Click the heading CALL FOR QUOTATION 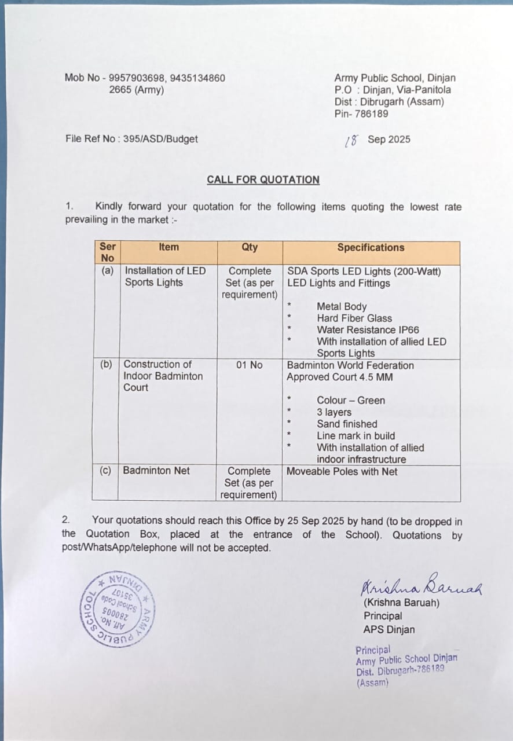click(x=263, y=179)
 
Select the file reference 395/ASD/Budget click(x=160, y=139)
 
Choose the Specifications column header click(x=371, y=247)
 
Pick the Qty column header click(x=250, y=247)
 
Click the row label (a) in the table click(x=107, y=270)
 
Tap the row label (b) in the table click(x=106, y=365)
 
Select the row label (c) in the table click(x=105, y=471)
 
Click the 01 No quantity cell click(x=250, y=365)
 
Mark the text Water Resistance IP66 click(x=368, y=330)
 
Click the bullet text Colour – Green click(x=350, y=401)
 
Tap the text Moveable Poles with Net click(x=342, y=472)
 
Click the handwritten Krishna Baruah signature click(x=422, y=587)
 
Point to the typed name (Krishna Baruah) click(x=401, y=603)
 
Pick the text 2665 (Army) click(x=136, y=90)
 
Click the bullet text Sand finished click(x=347, y=424)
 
